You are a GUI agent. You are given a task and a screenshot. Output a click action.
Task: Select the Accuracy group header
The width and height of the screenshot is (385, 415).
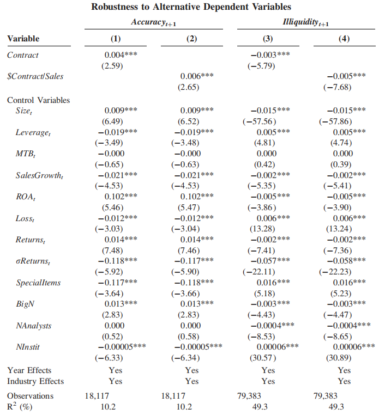[x=153, y=22]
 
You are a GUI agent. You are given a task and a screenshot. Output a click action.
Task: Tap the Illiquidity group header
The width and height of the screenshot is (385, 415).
[x=305, y=22]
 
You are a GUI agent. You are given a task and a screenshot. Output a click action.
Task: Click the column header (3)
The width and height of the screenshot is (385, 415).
[x=268, y=39]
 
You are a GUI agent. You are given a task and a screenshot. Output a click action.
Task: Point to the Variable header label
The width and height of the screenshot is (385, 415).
[x=23, y=39]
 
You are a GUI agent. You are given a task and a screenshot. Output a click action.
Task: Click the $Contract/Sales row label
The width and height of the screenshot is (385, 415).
[x=35, y=76]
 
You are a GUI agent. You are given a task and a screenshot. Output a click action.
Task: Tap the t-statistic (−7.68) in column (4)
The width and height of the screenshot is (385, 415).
[x=338, y=87]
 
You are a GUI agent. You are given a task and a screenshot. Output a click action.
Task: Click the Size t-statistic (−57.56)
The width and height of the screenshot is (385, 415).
[x=260, y=121]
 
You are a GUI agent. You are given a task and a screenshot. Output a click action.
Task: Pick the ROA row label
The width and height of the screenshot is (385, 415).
[x=26, y=197]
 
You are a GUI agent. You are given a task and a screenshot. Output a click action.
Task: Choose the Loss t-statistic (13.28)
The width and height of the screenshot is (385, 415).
[x=262, y=229]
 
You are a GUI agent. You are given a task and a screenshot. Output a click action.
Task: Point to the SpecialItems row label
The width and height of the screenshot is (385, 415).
[x=38, y=283]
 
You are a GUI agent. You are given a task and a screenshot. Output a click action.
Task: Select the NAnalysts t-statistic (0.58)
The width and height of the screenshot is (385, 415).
[x=188, y=337]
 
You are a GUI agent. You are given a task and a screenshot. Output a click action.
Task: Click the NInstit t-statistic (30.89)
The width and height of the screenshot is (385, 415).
[x=339, y=358]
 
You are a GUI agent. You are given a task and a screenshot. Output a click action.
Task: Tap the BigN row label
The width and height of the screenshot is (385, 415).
[x=25, y=304]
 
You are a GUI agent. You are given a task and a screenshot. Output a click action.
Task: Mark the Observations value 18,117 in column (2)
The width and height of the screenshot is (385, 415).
[x=173, y=396]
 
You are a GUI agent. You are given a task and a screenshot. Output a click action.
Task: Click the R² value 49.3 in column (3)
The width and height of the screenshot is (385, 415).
[x=260, y=407]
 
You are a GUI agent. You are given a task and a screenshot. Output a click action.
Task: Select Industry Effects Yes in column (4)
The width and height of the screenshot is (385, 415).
[x=344, y=381]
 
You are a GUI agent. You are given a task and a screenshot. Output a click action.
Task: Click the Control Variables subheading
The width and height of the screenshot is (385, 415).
[x=38, y=100]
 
